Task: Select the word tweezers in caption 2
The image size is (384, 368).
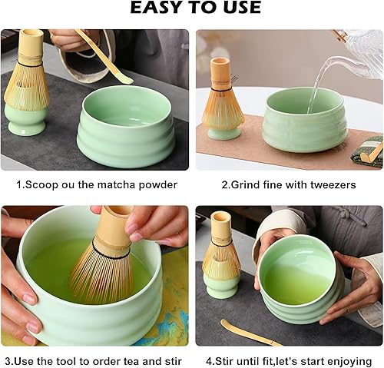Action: (x=333, y=184)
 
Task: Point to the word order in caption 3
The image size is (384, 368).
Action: (x=108, y=361)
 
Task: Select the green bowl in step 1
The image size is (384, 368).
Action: (x=126, y=124)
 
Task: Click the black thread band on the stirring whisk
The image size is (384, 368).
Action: (x=111, y=252)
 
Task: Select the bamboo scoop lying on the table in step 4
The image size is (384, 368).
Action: (x=251, y=332)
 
